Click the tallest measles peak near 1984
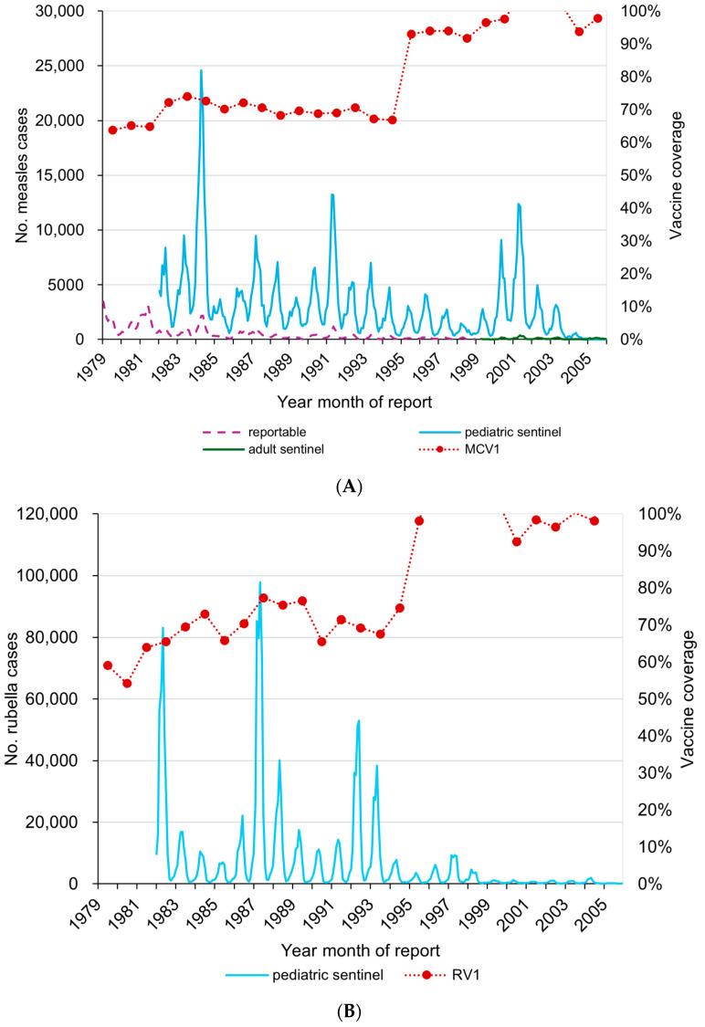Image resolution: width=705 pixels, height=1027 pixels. [201, 70]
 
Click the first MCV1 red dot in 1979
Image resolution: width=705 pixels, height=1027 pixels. [112, 130]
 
